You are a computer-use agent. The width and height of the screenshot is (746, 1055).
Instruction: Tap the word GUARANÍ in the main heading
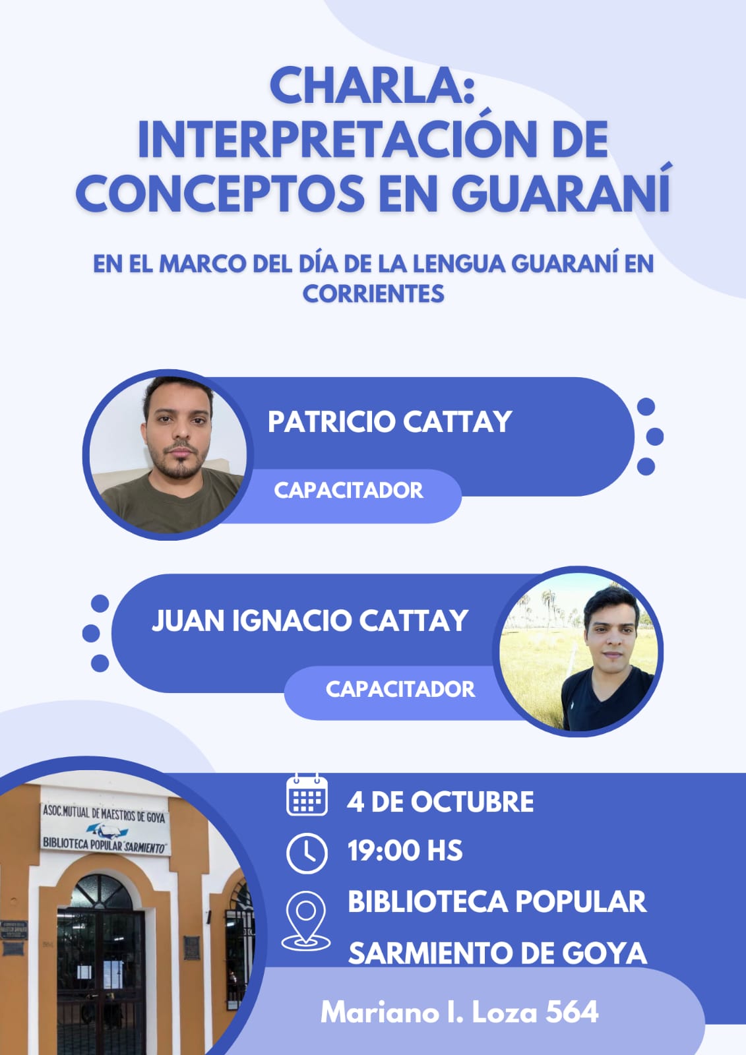561,193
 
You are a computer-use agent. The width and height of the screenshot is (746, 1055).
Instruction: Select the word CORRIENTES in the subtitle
373,293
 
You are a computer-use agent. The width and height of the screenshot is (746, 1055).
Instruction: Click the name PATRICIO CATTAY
390,421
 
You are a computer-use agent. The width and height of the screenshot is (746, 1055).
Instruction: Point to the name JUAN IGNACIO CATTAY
309,620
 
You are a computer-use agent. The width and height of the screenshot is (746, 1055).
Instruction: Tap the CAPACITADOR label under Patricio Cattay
348,491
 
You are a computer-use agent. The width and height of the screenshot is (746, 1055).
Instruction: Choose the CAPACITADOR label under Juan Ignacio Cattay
400,689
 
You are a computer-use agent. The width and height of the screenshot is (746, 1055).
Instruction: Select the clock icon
307,853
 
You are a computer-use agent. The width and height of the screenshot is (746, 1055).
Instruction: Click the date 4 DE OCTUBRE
440,802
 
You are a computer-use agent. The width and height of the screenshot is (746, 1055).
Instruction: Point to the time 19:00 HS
405,851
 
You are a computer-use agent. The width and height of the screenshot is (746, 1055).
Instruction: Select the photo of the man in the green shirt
168,455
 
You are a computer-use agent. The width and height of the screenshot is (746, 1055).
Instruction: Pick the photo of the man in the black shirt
578,651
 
